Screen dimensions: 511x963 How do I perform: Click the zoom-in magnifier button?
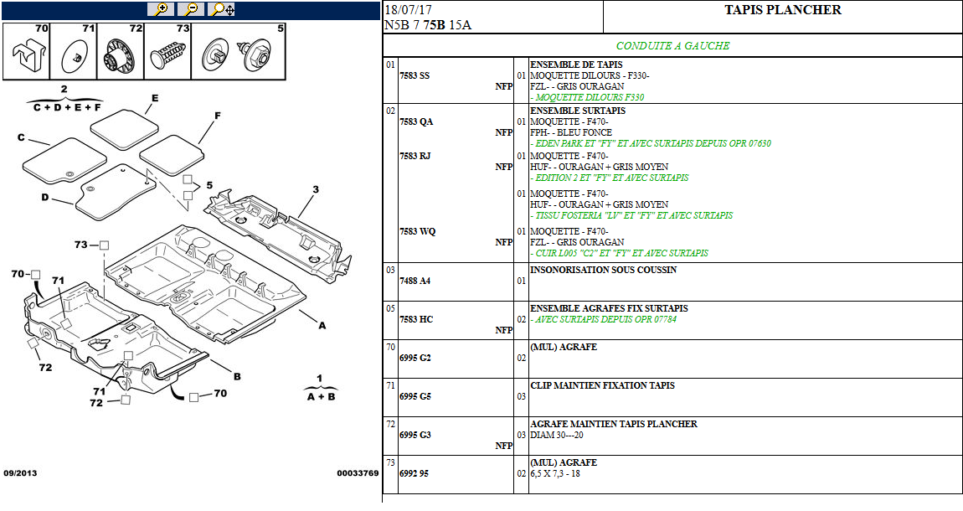(x=160, y=9)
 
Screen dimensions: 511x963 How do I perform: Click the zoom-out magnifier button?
(x=191, y=9)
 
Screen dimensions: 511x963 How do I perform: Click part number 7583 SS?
(x=415, y=75)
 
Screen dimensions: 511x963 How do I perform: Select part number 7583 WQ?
(x=417, y=231)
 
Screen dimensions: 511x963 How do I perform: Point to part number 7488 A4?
(x=415, y=281)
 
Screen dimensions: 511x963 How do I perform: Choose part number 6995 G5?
(x=415, y=396)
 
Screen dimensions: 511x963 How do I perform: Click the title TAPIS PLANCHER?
(x=782, y=10)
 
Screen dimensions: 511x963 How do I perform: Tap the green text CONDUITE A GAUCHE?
(x=672, y=46)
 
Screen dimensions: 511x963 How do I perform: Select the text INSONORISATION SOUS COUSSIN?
(x=603, y=271)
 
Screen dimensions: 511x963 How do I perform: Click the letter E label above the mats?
(x=154, y=98)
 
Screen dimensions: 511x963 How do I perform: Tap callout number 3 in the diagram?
(x=315, y=189)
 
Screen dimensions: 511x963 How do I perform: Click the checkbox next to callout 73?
(x=105, y=245)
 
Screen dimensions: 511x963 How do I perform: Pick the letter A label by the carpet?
(x=322, y=327)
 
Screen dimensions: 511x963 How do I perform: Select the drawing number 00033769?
(x=358, y=473)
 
